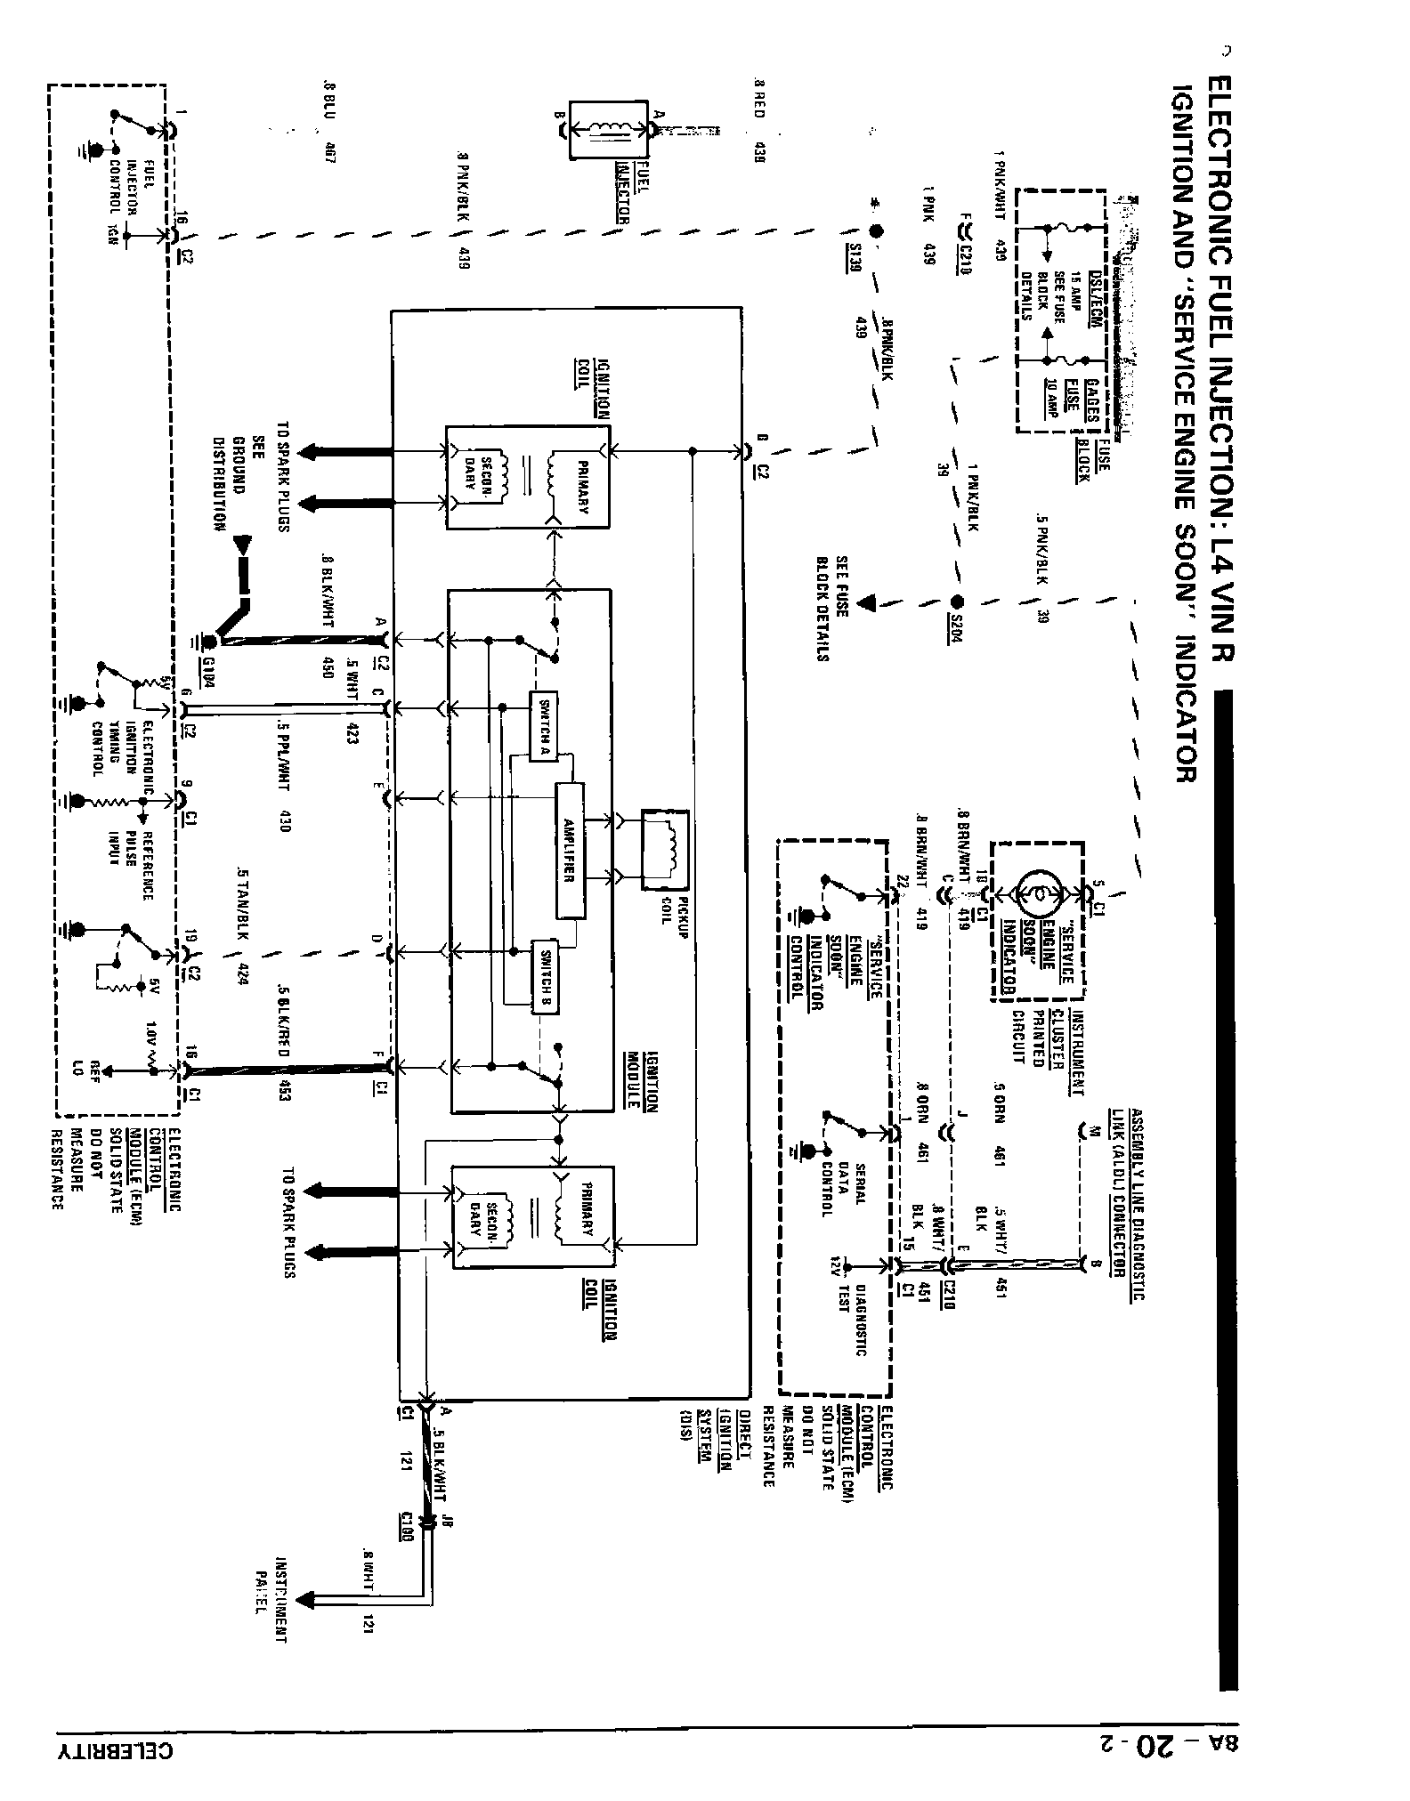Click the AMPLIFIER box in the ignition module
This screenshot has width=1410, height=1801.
click(571, 851)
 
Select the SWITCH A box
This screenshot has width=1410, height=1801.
click(543, 725)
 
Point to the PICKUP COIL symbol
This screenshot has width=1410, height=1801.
click(665, 849)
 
